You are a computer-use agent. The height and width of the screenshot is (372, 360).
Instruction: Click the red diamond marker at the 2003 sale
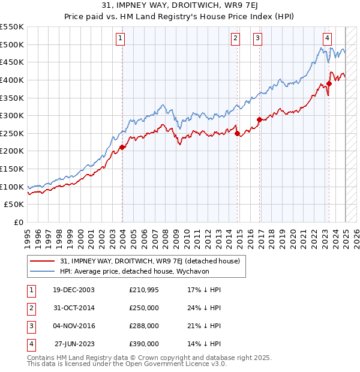[x=122, y=147]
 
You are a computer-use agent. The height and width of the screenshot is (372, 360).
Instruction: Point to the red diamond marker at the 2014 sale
[x=237, y=133]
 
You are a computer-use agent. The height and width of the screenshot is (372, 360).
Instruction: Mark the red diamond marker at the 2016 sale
[x=259, y=119]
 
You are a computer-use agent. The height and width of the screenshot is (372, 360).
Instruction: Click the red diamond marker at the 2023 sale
[x=329, y=83]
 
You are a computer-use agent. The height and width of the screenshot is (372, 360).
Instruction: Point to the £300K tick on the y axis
[x=12, y=115]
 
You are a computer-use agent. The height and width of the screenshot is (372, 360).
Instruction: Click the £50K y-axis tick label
[x=15, y=204]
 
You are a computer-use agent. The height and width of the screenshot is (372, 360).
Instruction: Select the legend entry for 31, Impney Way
[x=150, y=261]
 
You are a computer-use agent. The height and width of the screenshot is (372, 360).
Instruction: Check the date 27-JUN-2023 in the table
[x=74, y=344]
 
